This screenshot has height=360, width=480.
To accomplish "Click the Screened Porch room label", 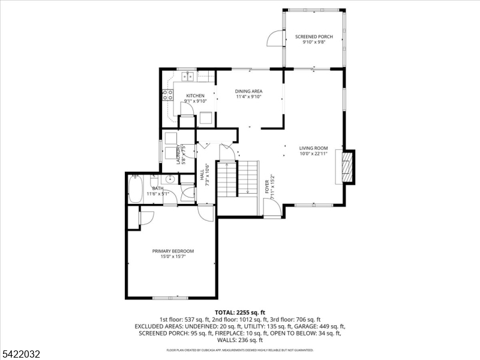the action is pos(314,37).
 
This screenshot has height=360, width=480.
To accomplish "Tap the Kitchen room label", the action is pos(196,95).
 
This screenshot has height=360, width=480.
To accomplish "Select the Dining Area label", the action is pos(248,91).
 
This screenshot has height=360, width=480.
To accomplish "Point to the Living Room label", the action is pos(313,148).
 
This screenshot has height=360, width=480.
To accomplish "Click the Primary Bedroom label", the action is pos(173,251).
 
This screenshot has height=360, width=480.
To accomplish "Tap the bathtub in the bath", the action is pos(135,188).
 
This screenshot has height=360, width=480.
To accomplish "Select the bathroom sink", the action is pos(168,179).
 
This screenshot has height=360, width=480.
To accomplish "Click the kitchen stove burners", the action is pos(167,95).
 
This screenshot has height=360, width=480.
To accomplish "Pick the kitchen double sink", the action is pos(188,76).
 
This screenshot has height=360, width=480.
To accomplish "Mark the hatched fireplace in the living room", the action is pos(347,167).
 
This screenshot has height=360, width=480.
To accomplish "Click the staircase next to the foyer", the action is pos(238,179).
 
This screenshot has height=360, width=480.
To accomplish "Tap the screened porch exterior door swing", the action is pos(275,38).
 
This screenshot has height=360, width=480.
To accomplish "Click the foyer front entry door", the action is pos(272,208).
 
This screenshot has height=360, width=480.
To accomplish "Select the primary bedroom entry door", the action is pos(206,212).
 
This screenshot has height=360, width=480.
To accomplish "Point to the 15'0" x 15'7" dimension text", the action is pos(173,257).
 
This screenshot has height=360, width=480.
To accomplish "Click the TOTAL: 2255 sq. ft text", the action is pos(240,313).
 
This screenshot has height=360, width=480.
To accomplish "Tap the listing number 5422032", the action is pos(20,354).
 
